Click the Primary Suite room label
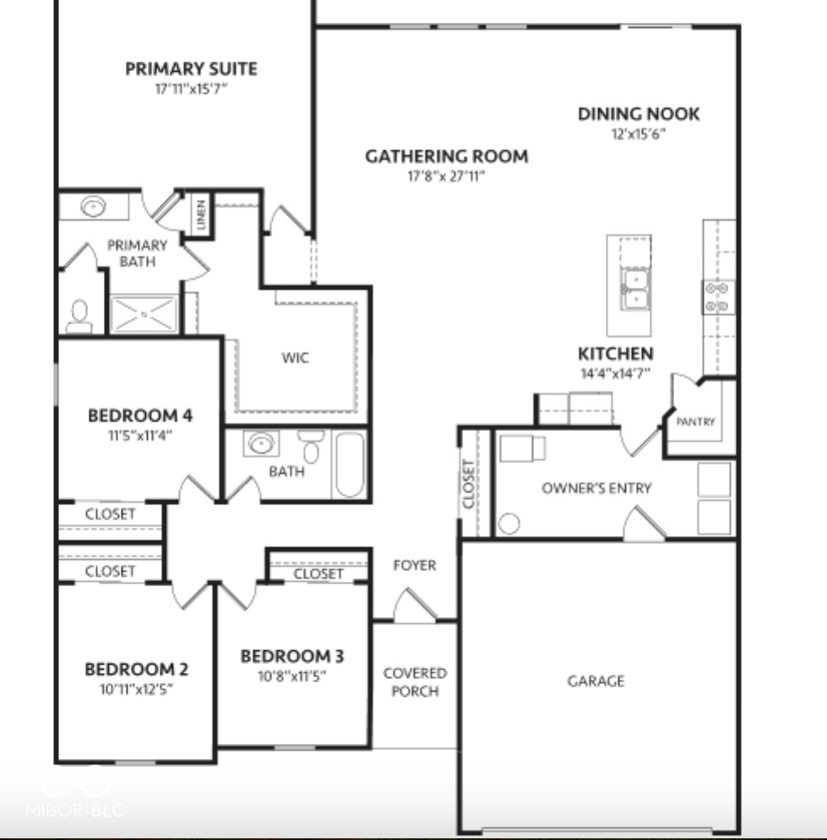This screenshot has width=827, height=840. coord(192,68)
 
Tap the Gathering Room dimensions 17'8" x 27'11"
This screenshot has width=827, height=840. coord(446,175)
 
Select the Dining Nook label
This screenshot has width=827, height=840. coord(639,113)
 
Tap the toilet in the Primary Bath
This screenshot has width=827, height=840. coord(79,316)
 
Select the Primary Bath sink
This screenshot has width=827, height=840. coord(93,206)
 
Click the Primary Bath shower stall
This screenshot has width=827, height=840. coord(144,313)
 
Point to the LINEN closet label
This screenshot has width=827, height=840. coord(201,215)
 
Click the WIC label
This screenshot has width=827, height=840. coord(295,358)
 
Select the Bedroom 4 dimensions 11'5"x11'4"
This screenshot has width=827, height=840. coord(140,435)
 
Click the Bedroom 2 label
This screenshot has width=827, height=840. coord(137,669)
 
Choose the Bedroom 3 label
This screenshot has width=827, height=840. coord(292,655)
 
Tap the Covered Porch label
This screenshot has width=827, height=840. coord(415,681)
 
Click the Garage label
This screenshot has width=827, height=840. coord(596,680)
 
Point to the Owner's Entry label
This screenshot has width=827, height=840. coord(597,487)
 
